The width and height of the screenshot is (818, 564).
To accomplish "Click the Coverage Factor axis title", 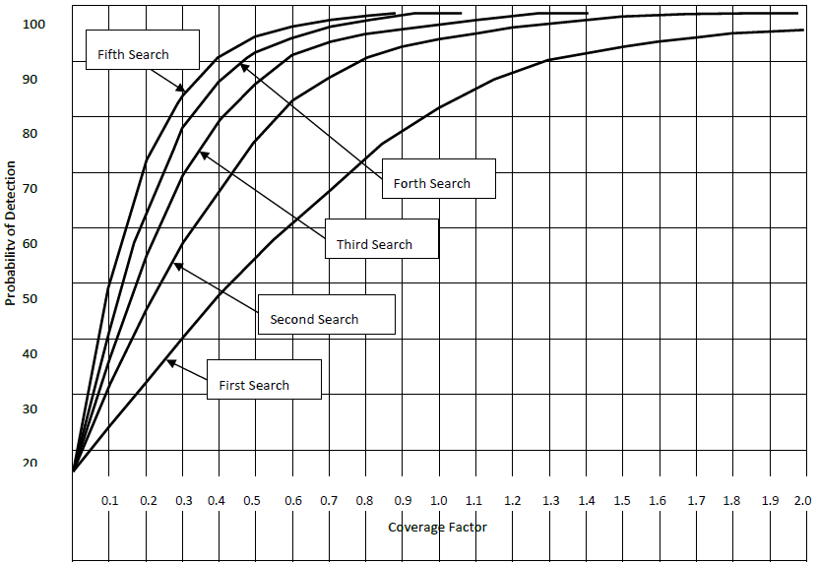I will pos(437,527).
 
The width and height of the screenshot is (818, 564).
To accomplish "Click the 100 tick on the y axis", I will pos(32,23).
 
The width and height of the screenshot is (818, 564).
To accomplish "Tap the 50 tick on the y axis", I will pos(32,298).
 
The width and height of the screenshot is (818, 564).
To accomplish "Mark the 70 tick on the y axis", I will pos(32,188).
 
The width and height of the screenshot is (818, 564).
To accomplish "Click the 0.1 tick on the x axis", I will pos(109,501).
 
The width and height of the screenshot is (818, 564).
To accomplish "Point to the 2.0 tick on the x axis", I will pos(802,501).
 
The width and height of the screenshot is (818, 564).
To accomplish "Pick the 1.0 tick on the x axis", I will pos(439,501).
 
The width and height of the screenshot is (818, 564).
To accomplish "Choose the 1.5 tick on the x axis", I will pos(622,501).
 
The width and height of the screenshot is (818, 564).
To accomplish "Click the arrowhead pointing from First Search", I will pos(169,363).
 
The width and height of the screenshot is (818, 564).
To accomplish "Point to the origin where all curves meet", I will pos(74,471).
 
